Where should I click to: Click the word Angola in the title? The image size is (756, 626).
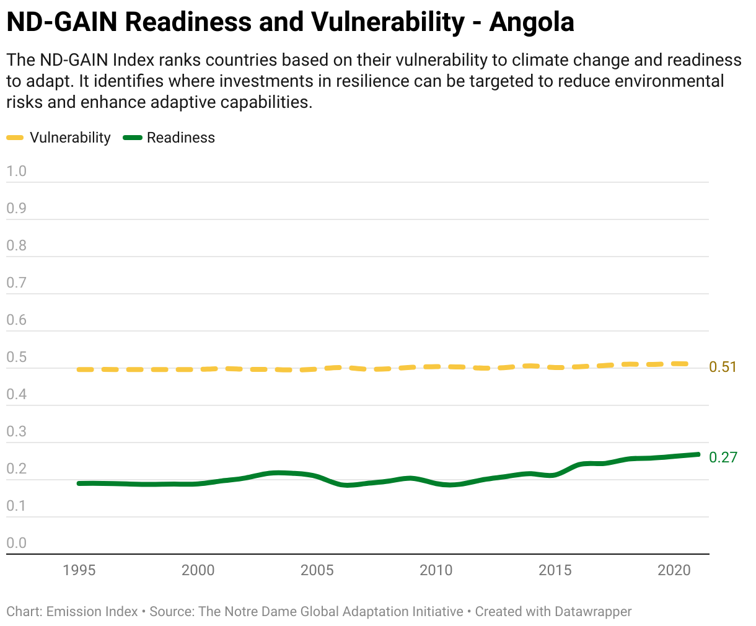531,22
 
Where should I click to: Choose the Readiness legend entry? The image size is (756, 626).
169,138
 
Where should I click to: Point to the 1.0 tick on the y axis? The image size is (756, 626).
16,171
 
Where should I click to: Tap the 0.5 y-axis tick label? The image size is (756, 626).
16,357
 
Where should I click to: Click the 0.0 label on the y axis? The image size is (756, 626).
16,543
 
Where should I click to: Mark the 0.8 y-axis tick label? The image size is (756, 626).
16,245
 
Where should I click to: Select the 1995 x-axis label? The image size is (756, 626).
79,570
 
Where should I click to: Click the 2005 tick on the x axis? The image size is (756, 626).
317,570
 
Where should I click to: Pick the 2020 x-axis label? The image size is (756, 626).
674,570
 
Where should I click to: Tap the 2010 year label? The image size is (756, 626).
436,570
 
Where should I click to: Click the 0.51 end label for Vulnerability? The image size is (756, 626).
723,367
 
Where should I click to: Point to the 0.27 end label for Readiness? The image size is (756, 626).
723,457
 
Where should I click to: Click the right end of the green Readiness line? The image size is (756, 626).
698,454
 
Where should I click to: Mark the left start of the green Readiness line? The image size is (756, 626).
79,483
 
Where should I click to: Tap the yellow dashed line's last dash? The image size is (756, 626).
680,364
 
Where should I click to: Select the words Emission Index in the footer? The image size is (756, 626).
92,612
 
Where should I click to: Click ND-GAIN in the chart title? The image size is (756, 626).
62,22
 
